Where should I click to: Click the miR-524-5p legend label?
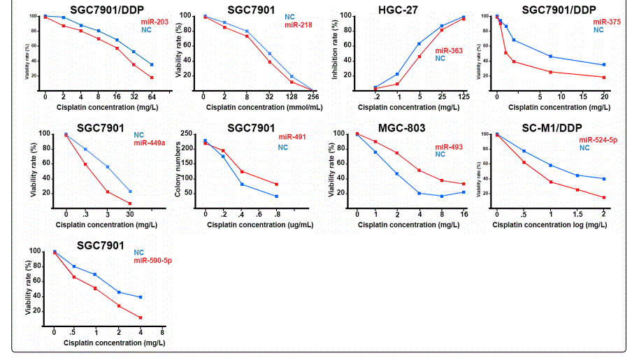click(x=595, y=140)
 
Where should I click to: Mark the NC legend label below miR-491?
click(x=283, y=147)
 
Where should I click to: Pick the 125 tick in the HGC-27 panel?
click(x=464, y=96)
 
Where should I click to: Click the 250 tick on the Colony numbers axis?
click(x=191, y=134)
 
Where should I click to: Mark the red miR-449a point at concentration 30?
click(x=130, y=203)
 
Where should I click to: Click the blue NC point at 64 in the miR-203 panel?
click(x=152, y=64)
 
